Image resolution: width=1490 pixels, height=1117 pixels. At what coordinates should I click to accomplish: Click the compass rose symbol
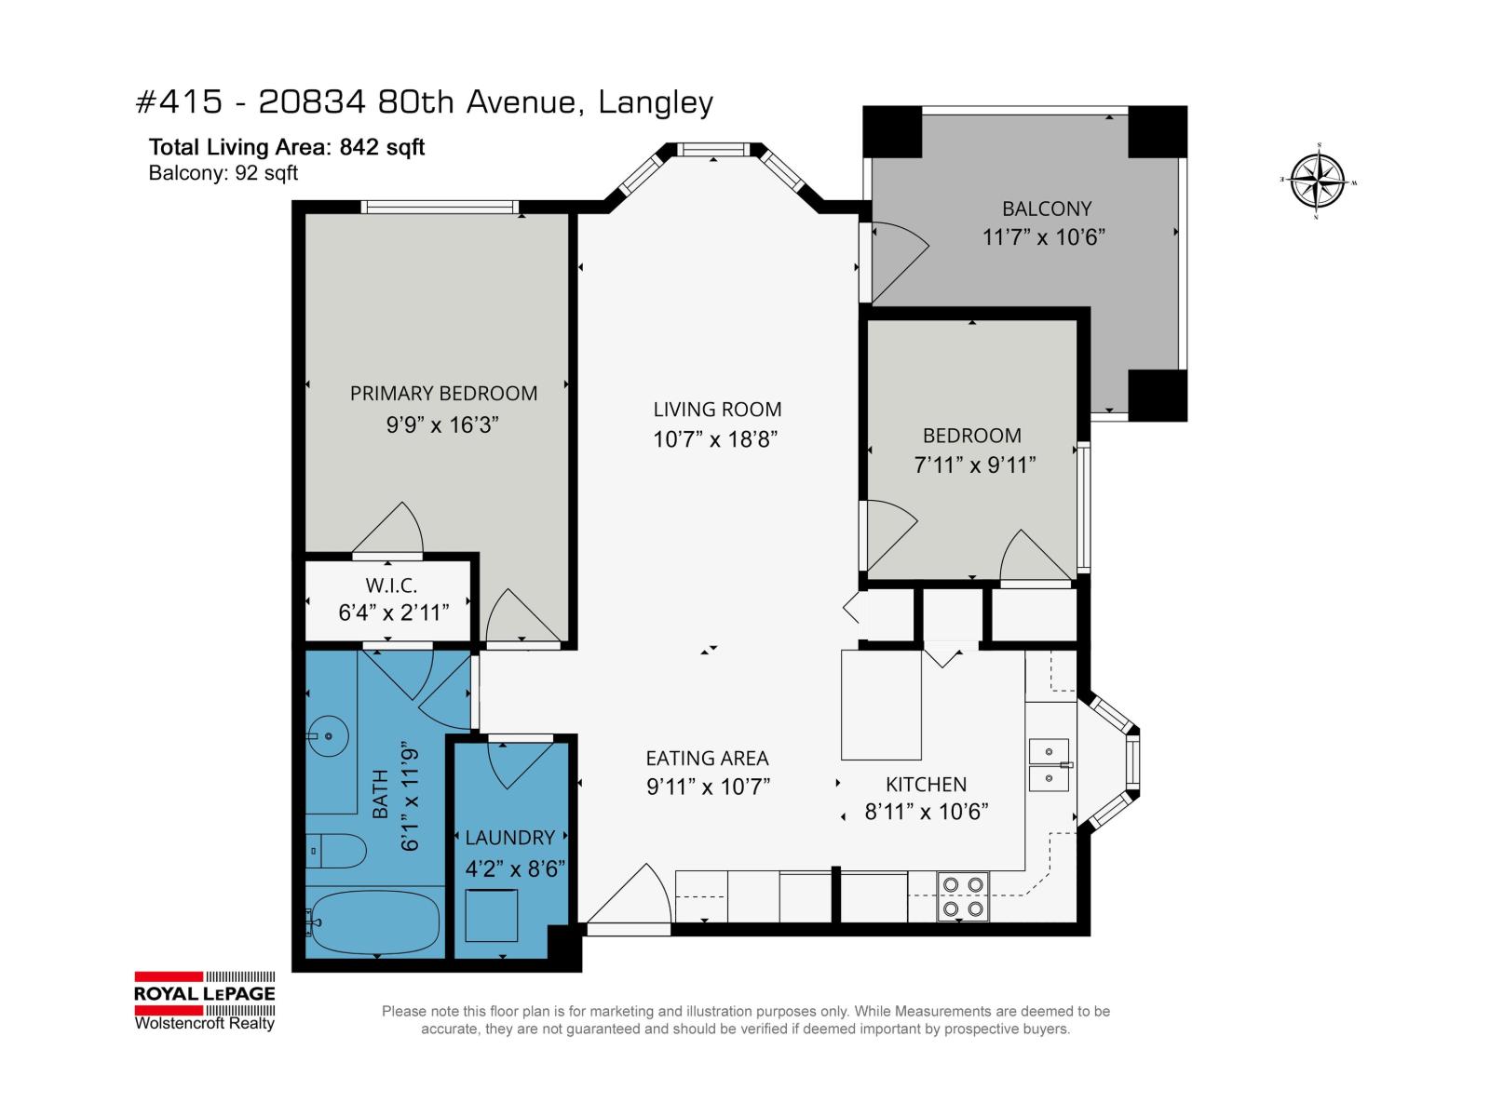1318,181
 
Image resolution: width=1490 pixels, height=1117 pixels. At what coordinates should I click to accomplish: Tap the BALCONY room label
1046,209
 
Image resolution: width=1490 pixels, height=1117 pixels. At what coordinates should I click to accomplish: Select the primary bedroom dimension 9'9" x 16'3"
442,425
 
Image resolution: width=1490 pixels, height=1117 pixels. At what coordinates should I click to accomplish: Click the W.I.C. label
391,585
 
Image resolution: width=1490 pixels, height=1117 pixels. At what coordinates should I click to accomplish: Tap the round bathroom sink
328,737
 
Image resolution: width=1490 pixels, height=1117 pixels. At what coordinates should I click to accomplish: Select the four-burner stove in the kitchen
962,895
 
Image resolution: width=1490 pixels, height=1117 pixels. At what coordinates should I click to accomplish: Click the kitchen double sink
1049,764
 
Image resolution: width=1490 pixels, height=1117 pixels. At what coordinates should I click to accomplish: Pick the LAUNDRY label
509,838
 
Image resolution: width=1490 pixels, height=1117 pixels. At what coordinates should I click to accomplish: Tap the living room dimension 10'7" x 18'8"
715,439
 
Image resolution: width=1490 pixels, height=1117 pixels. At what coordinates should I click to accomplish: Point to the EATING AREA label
707,759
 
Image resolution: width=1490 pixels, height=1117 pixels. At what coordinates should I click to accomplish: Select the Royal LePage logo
205,1002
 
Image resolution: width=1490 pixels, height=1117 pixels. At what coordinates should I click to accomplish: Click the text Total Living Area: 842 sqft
286,147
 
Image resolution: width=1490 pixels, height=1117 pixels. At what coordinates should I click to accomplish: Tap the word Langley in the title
656,102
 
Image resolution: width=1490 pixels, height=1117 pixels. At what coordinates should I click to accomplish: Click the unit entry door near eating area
629,898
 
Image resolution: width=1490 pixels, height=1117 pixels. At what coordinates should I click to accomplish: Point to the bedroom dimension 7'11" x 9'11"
975,464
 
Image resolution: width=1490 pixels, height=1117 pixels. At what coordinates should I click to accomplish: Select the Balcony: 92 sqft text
223,173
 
